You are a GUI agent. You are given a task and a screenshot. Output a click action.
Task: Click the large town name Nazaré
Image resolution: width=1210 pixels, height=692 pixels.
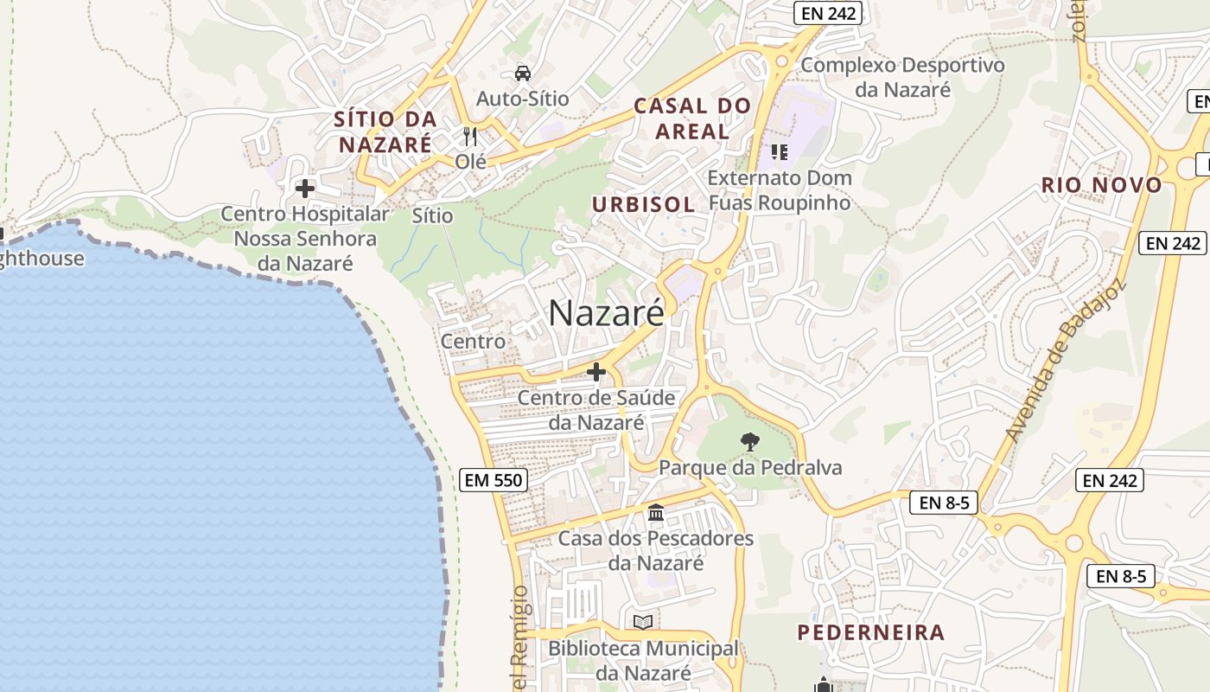(607, 313)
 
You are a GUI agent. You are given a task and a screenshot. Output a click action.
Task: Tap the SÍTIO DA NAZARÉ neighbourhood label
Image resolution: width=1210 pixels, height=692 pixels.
(385, 131)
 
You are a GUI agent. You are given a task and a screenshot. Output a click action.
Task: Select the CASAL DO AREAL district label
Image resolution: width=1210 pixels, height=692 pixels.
(692, 119)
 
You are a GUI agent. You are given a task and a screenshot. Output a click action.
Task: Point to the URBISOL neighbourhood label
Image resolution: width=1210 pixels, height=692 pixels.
(643, 204)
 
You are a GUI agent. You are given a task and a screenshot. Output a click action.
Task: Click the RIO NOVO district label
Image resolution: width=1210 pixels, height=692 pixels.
(1101, 184)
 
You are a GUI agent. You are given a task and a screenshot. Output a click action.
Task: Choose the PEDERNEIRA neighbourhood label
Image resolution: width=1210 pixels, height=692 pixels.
(870, 632)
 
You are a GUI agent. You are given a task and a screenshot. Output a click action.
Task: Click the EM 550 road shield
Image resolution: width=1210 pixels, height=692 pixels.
(493, 479)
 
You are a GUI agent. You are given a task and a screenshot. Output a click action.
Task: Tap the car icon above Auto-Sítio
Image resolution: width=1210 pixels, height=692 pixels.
(523, 73)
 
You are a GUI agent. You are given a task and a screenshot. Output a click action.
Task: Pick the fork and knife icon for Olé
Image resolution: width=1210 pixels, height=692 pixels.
(470, 136)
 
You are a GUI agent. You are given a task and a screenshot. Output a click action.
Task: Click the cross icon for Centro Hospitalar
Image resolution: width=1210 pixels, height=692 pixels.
(304, 188)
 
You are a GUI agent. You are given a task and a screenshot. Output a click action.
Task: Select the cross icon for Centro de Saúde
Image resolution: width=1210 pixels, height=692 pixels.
(595, 372)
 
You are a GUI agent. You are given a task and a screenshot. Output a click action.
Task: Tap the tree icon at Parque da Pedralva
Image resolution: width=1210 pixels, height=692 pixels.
(750, 442)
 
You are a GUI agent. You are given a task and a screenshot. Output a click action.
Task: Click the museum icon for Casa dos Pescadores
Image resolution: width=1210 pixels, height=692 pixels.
(656, 513)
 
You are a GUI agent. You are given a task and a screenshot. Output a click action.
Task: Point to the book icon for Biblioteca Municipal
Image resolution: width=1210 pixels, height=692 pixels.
(643, 622)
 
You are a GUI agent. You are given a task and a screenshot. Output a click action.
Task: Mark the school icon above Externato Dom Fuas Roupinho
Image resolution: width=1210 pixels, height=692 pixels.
(780, 152)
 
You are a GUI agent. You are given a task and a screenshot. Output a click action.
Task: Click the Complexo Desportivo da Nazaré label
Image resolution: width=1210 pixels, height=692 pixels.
(902, 77)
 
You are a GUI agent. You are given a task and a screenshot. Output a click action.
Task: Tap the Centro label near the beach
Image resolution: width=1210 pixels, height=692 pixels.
(473, 342)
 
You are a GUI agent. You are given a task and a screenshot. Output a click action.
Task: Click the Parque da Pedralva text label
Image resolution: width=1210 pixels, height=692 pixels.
(750, 468)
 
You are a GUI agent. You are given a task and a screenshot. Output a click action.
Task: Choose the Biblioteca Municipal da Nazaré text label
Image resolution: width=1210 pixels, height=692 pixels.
(643, 660)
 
